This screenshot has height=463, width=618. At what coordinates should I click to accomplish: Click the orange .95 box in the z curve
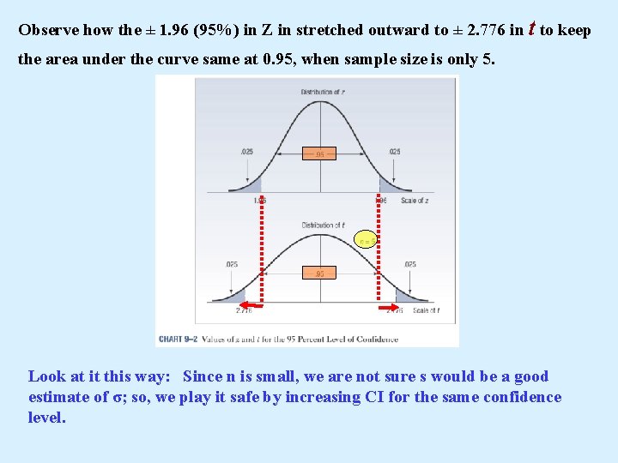pyautogui.click(x=319, y=154)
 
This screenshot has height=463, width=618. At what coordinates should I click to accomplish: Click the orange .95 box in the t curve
pyautogui.click(x=319, y=274)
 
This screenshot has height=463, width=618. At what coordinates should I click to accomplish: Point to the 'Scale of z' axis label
pyautogui.click(x=415, y=201)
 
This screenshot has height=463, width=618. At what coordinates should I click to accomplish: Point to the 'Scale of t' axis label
pyautogui.click(x=426, y=310)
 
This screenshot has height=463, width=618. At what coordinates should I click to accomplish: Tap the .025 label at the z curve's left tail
pyautogui.click(x=247, y=153)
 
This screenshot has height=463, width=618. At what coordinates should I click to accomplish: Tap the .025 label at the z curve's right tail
pyautogui.click(x=394, y=153)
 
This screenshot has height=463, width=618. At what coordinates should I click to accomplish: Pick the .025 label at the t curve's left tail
pyautogui.click(x=232, y=265)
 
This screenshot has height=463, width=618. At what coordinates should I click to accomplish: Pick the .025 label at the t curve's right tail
pyautogui.click(x=409, y=265)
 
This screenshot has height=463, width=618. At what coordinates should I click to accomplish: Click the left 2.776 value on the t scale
pyautogui.click(x=243, y=311)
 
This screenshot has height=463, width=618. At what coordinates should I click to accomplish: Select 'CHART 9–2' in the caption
pyautogui.click(x=178, y=339)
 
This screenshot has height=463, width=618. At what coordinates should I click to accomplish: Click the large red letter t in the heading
pyautogui.click(x=532, y=28)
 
